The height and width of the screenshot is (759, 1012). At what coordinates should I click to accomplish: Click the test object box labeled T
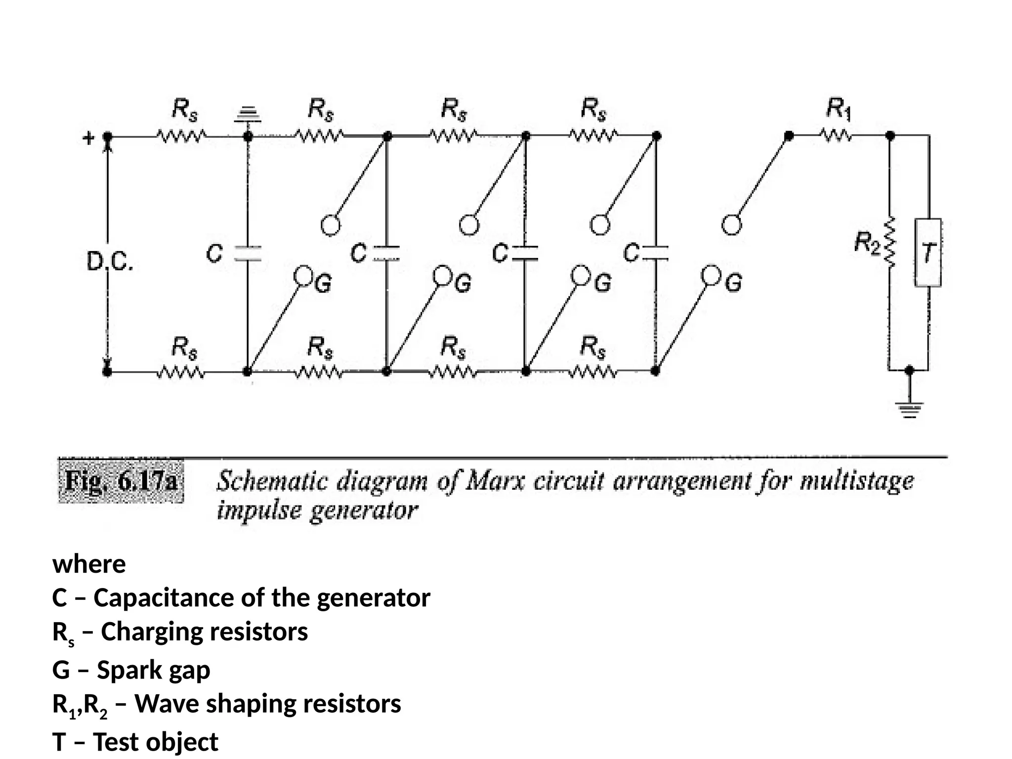[928, 253]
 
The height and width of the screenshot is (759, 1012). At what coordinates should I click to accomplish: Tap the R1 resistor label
[839, 109]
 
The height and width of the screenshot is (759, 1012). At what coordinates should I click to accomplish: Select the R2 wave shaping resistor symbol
[890, 242]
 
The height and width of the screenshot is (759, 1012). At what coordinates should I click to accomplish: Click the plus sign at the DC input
[88, 138]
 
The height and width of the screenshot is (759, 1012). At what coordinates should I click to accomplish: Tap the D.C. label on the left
[110, 262]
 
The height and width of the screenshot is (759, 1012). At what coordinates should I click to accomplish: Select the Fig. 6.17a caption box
[121, 481]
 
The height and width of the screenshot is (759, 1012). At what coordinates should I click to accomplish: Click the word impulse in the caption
[258, 510]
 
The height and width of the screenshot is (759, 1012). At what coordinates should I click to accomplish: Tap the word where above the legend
[89, 564]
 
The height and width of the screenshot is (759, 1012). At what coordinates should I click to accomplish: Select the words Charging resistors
[204, 632]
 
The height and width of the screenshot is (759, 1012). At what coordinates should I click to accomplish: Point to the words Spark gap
[153, 670]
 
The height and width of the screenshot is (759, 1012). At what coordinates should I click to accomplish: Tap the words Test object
[155, 742]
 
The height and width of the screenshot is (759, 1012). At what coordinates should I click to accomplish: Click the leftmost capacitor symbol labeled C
[248, 253]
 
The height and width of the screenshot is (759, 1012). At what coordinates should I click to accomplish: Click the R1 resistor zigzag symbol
[836, 135]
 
